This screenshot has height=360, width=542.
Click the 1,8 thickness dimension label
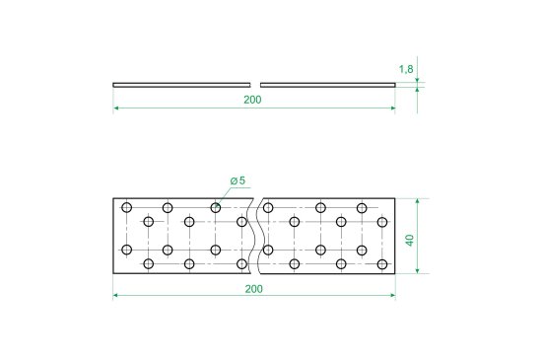(x=406, y=69)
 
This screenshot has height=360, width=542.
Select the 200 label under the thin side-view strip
(x=252, y=100)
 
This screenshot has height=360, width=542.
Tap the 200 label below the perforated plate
(x=253, y=289)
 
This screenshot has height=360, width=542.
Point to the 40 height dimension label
(x=410, y=240)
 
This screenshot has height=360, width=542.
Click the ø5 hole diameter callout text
(x=237, y=180)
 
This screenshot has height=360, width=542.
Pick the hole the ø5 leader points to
(x=216, y=208)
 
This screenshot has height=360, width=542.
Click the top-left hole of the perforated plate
(x=127, y=208)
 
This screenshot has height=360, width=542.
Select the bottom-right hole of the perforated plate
(x=382, y=264)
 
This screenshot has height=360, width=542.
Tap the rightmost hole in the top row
(x=362, y=208)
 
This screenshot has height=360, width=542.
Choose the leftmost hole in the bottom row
(x=148, y=264)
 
